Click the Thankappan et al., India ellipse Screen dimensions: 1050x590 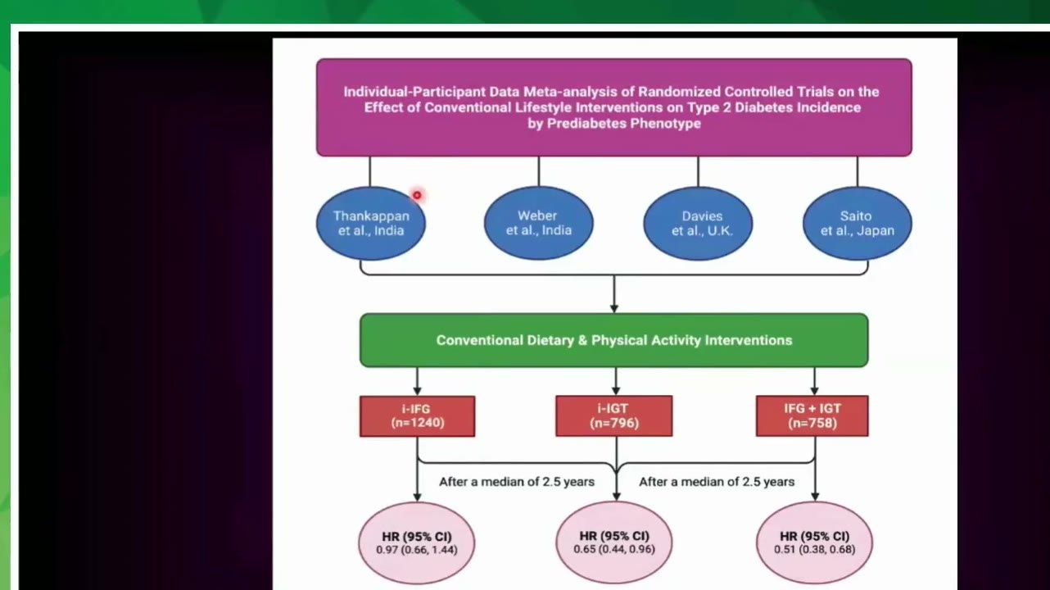point(371,223)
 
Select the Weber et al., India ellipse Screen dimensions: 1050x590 point(539,223)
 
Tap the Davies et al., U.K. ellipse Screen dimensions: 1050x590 point(698,223)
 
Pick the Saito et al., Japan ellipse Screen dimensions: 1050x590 point(858,223)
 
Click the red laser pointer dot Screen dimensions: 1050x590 point(417,195)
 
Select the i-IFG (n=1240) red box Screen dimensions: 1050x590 point(417,416)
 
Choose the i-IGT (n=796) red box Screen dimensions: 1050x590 point(614,416)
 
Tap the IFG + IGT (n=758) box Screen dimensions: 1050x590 point(812,416)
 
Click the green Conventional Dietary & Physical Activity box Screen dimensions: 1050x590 point(614,340)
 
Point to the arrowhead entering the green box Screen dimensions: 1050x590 point(614,309)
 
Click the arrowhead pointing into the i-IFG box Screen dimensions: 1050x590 point(417,391)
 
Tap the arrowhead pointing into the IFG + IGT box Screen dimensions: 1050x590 point(814,391)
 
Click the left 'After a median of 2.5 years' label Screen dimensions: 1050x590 point(517,482)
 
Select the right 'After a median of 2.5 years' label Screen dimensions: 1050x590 point(717,482)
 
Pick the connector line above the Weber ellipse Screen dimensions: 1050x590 point(539,171)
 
